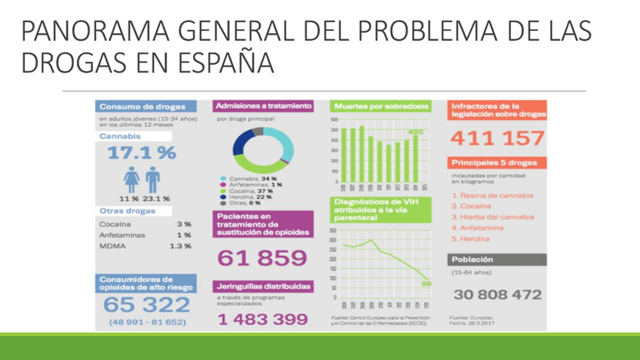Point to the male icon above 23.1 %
click(x=152, y=179)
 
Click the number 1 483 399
click(x=262, y=319)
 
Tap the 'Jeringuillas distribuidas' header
click(x=262, y=288)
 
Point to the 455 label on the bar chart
click(x=416, y=133)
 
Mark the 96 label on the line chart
click(x=426, y=283)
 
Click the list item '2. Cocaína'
click(x=471, y=206)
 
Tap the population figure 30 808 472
click(x=497, y=294)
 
